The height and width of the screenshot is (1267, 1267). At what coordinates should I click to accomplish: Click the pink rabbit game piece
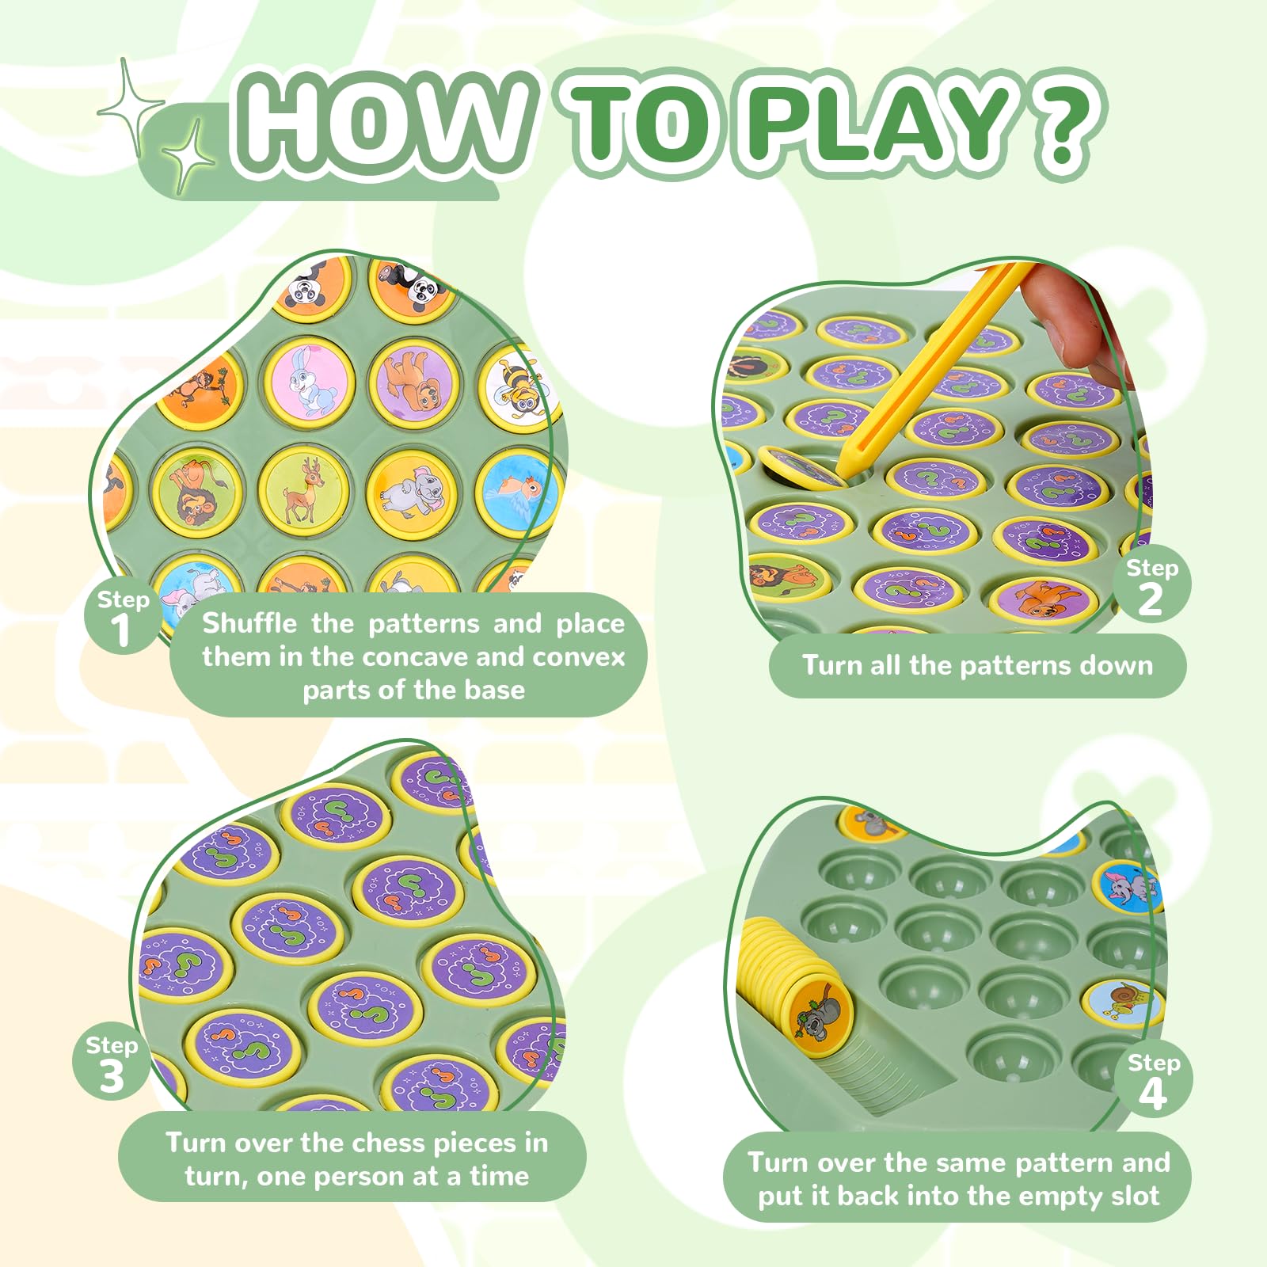pyautogui.click(x=306, y=379)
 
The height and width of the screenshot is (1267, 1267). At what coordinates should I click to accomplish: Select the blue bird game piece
pyautogui.click(x=519, y=492)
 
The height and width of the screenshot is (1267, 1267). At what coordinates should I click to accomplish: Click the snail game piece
pyautogui.click(x=1123, y=1003)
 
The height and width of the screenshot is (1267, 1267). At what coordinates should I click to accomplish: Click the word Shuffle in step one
pyautogui.click(x=249, y=623)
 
